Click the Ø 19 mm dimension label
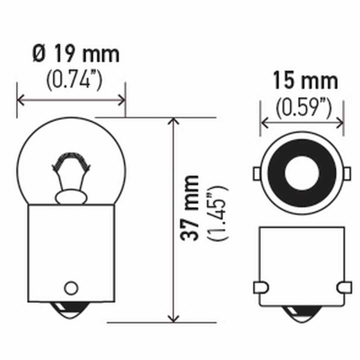[76, 55]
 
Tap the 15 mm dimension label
[305, 81]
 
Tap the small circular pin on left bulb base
[71, 288]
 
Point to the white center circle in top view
[302, 173]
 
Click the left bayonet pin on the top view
[257, 173]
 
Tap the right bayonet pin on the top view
[347, 173]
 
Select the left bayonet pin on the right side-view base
[261, 287]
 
